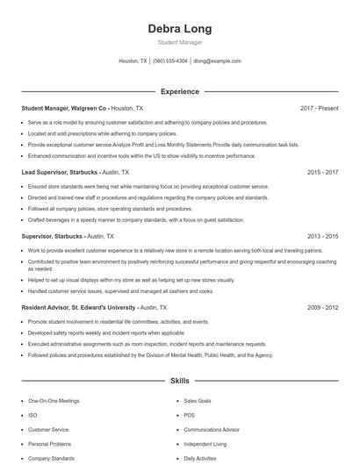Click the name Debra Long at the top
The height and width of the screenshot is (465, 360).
[179, 29]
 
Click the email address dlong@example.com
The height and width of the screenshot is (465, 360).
[217, 61]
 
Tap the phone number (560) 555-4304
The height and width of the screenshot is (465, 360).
[170, 61]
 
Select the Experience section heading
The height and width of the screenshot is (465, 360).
[179, 91]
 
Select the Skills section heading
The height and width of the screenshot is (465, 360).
[179, 382]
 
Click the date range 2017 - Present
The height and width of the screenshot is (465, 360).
[319, 108]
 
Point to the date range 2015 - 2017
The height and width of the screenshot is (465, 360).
[322, 173]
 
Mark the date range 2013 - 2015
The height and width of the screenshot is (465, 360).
[322, 237]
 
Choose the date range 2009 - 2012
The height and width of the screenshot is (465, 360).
[322, 308]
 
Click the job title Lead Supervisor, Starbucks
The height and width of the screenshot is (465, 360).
[60, 173]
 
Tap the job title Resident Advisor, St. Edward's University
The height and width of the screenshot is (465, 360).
[78, 308]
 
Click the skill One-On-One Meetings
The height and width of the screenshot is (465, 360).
[54, 401]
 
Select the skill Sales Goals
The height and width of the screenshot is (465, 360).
[198, 401]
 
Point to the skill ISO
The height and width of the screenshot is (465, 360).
[32, 415]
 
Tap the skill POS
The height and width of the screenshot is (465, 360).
[189, 415]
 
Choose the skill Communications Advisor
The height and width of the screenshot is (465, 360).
[212, 430]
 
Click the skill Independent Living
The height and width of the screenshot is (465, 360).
[205, 444]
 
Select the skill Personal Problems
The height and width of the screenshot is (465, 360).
[50, 444]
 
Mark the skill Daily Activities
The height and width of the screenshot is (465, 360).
[201, 459]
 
